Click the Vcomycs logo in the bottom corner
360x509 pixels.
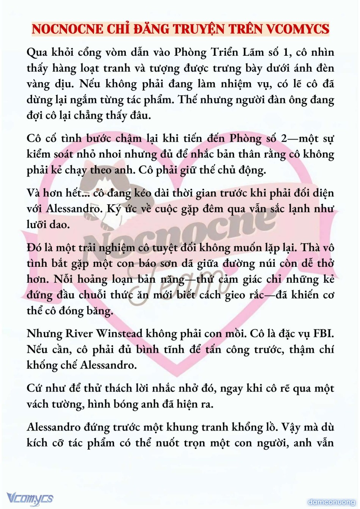pyautogui.click(x=30, y=498)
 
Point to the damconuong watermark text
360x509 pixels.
pyautogui.click(x=331, y=502)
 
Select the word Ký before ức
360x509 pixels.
pyautogui.click(x=114, y=209)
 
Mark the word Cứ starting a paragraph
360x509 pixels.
pyautogui.click(x=34, y=388)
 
